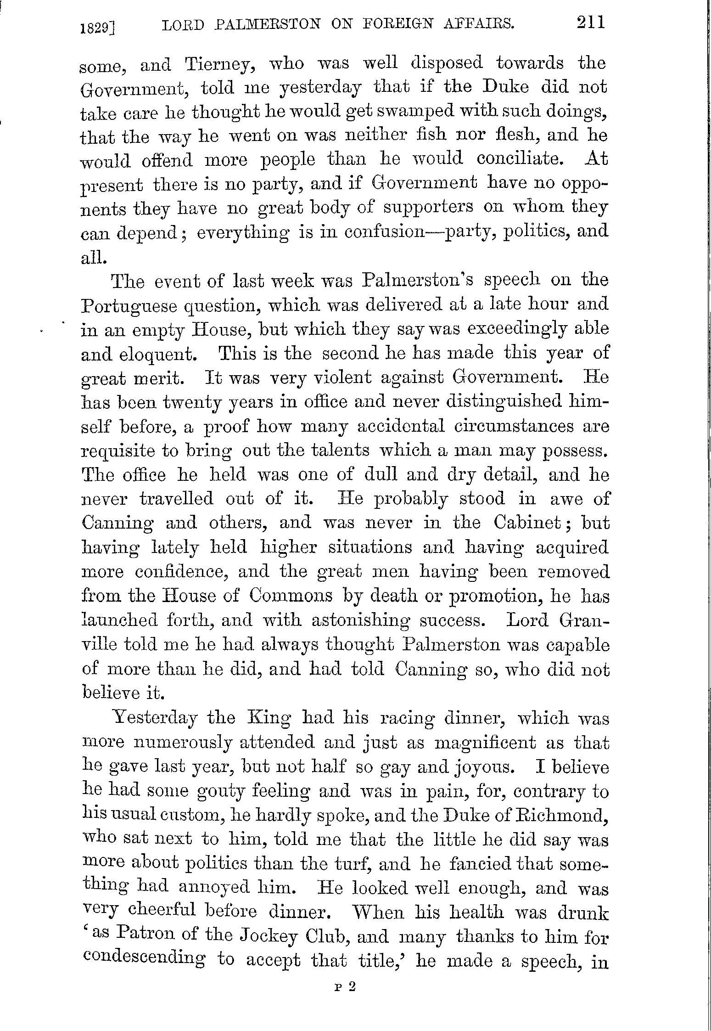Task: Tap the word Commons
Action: point(291,596)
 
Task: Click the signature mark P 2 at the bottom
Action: point(346,987)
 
